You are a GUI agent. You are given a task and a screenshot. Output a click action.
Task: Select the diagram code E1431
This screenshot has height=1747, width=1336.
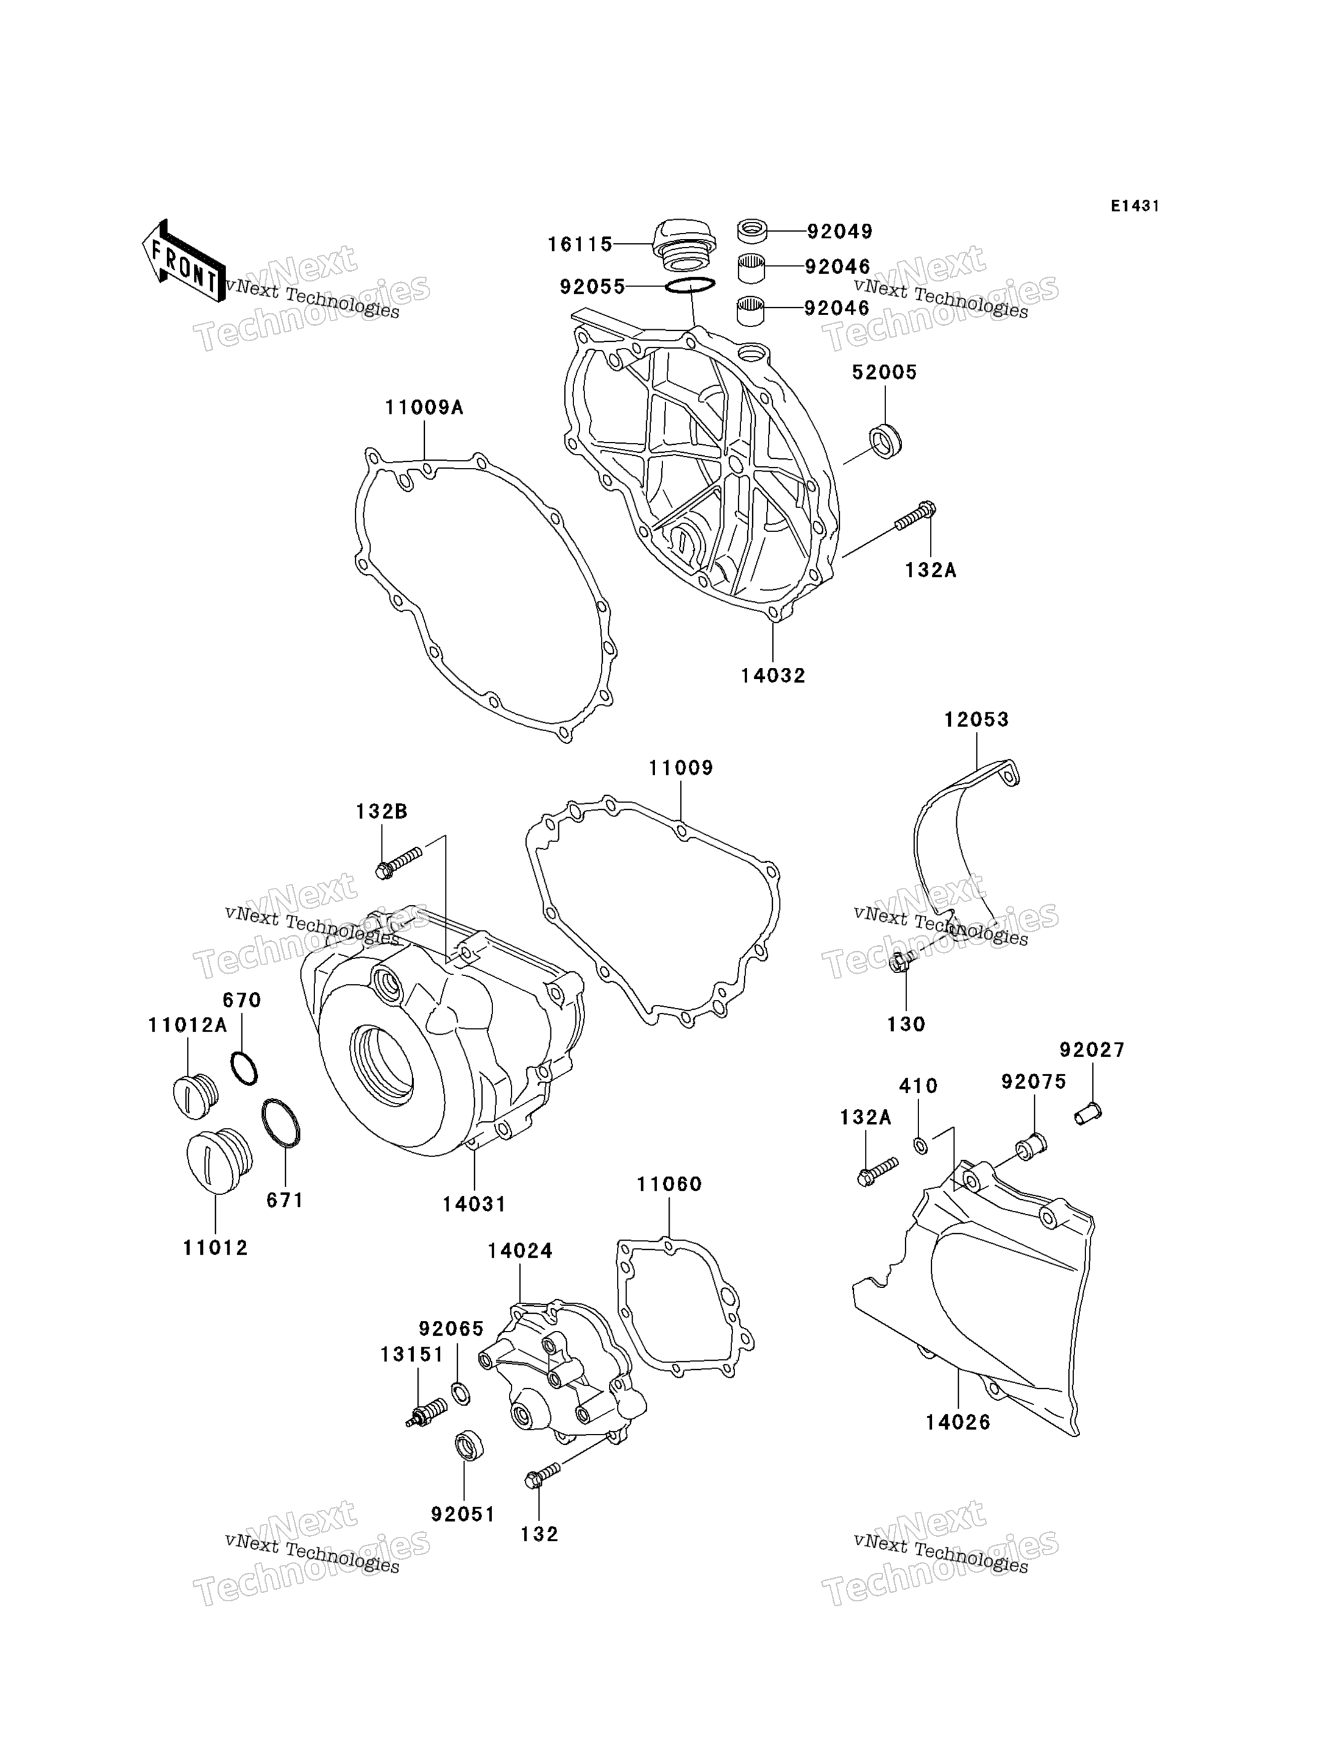point(1135,207)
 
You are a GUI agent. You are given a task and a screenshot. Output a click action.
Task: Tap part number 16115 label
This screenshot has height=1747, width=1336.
point(580,245)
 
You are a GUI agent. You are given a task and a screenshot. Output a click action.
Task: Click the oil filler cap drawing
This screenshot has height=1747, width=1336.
point(683,242)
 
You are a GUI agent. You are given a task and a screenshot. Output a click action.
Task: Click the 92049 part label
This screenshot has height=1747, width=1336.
point(840,232)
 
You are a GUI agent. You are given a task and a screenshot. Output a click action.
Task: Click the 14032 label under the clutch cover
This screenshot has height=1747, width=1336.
point(773,676)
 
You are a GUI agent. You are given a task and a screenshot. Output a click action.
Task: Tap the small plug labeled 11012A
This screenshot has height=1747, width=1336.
point(195,1096)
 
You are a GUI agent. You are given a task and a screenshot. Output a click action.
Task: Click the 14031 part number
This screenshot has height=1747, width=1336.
point(474,1205)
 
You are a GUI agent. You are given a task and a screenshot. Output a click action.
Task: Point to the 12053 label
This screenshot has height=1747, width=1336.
point(976,720)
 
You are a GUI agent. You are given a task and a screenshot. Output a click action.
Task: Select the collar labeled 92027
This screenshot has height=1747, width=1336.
point(1088,1114)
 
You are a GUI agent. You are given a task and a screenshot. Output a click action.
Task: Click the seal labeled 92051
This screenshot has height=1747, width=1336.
point(469,1445)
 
